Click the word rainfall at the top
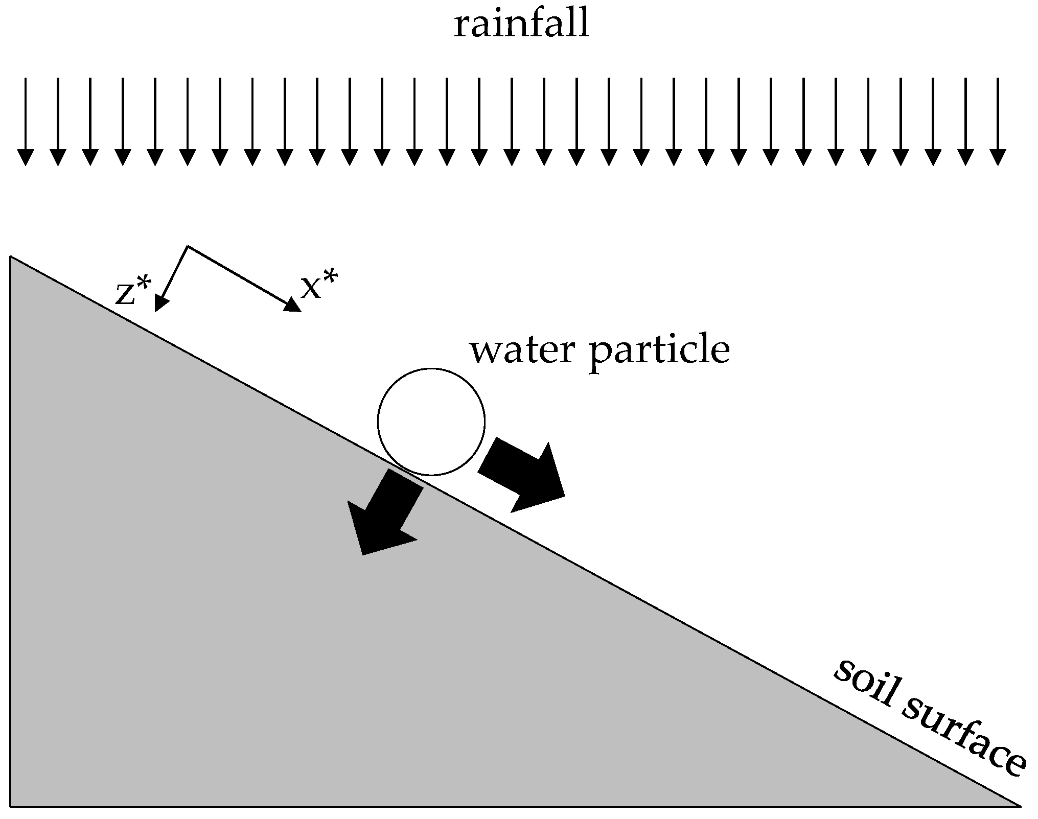click(x=522, y=26)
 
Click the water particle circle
click(x=431, y=422)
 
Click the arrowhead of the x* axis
click(x=293, y=305)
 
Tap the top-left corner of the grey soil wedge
click(x=11, y=258)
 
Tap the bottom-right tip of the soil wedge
click(x=1019, y=806)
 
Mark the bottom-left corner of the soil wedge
click(x=11, y=806)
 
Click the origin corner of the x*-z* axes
click(x=188, y=246)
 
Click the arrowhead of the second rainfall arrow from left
click(x=58, y=157)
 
